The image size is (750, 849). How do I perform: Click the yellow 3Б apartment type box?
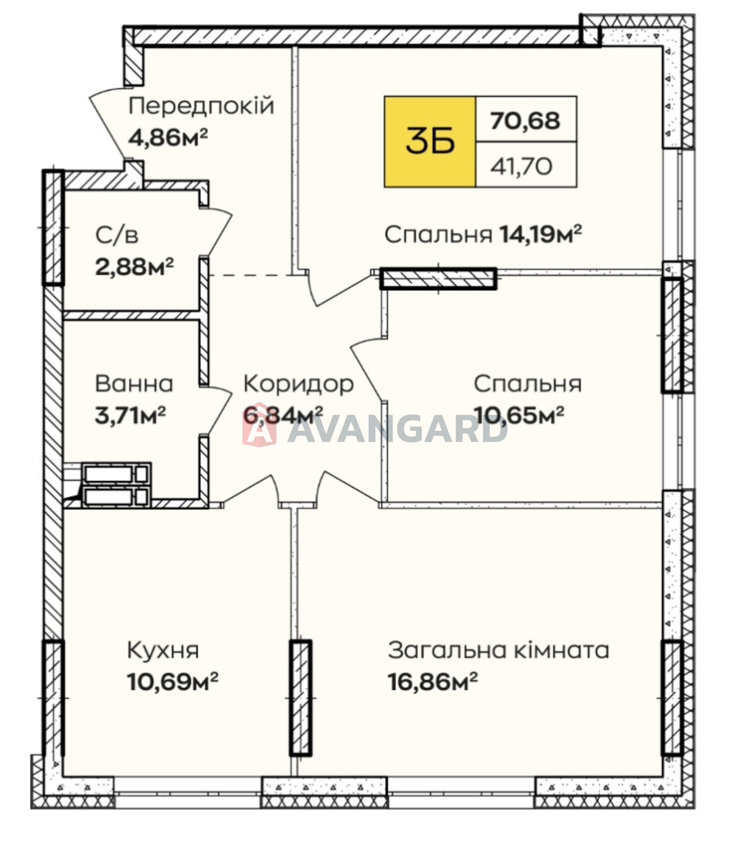[430, 142]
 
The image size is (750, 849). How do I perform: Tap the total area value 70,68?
[525, 120]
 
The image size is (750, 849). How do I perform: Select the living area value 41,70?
[521, 167]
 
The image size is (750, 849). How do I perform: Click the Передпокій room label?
[201, 106]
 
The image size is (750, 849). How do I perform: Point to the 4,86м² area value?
[168, 137]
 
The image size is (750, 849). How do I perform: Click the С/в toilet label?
[117, 235]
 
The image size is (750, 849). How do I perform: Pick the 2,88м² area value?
[135, 266]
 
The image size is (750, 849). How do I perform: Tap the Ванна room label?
[134, 384]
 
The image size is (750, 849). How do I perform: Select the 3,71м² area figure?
[130, 414]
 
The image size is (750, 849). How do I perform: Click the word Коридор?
[299, 384]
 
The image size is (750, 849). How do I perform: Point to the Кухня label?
[163, 650]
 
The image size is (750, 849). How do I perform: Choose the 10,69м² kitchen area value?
[173, 681]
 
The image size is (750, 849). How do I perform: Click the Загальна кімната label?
[499, 650]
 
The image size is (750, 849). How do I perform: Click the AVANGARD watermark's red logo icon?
[259, 430]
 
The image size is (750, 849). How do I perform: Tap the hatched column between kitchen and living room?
[300, 698]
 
